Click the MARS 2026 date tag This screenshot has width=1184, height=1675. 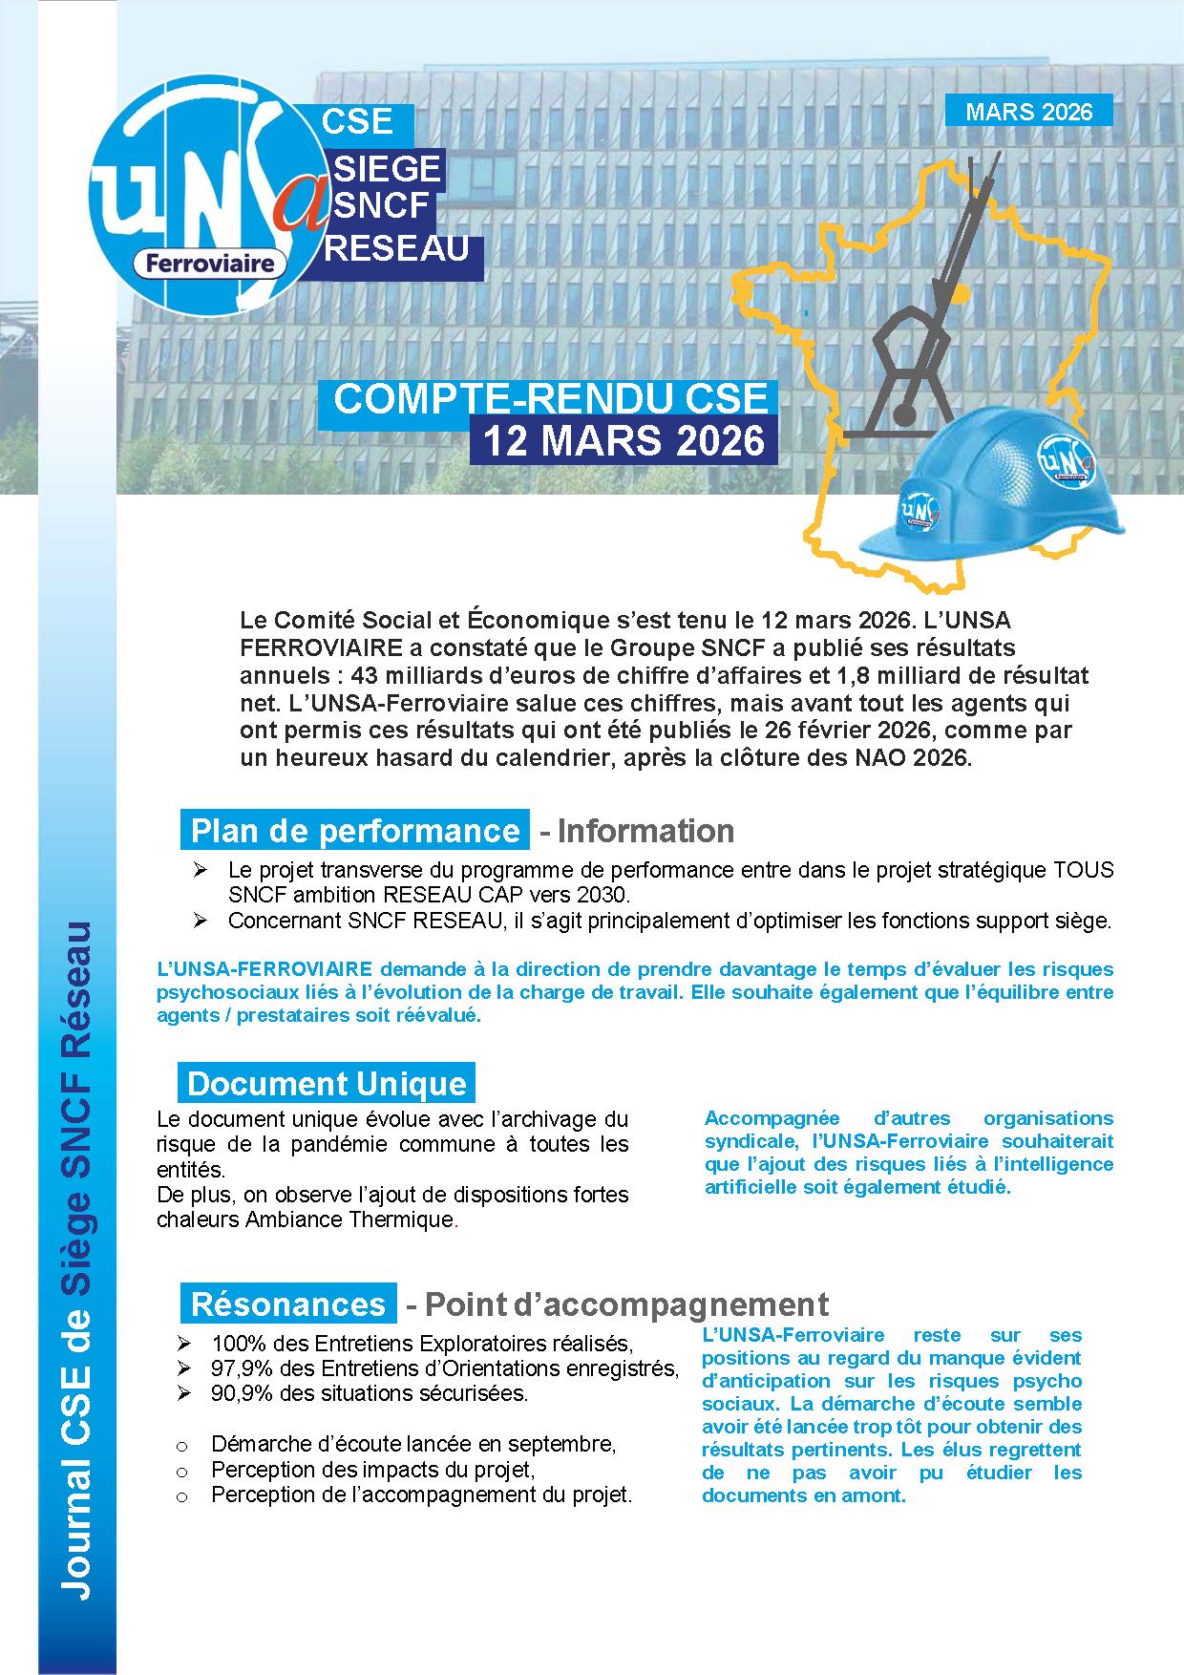[x=1028, y=111]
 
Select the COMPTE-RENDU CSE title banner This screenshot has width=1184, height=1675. [x=550, y=399]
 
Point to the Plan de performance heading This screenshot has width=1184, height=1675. [x=354, y=830]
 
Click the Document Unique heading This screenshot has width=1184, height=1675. [x=327, y=1083]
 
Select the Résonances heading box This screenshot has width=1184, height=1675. [x=287, y=1304]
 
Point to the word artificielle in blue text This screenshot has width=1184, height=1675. [x=751, y=1187]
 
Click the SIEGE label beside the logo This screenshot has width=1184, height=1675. [x=387, y=168]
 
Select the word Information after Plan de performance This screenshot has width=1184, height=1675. [x=645, y=831]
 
